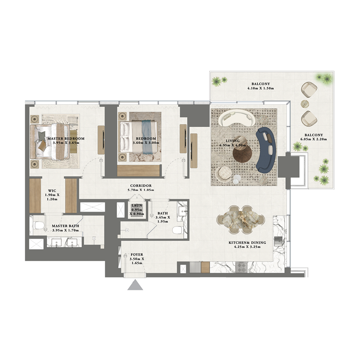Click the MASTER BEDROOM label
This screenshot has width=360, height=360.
(66, 139)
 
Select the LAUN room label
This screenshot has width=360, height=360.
(137, 205)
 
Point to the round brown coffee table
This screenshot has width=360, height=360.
(243, 153)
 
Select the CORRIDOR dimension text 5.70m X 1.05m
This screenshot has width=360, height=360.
(140, 191)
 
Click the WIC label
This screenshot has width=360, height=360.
(52, 191)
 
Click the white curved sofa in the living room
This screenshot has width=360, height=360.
(236, 118)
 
